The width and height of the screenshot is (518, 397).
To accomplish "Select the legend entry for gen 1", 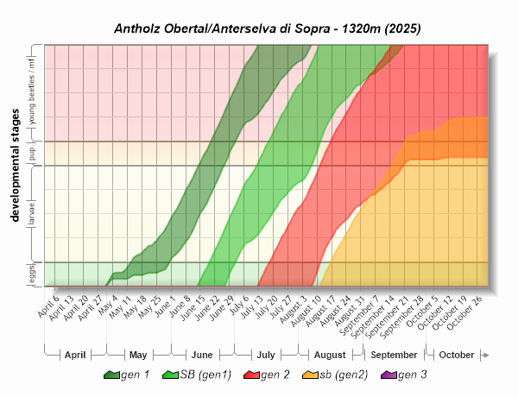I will click(x=128, y=375).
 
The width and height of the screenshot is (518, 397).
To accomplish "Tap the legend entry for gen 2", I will click(x=267, y=375).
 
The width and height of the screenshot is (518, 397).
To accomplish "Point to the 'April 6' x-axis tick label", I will click(x=49, y=307).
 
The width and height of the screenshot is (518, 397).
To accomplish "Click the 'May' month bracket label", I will click(x=138, y=355).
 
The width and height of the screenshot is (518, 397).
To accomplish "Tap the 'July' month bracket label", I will click(x=266, y=355).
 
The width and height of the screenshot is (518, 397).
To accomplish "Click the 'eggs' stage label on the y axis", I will click(x=32, y=274).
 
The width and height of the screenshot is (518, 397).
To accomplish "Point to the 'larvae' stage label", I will click(x=32, y=214).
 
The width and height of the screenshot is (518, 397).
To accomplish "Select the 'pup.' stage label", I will click(x=32, y=154).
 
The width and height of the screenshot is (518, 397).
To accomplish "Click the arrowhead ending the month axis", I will click(x=486, y=355).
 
